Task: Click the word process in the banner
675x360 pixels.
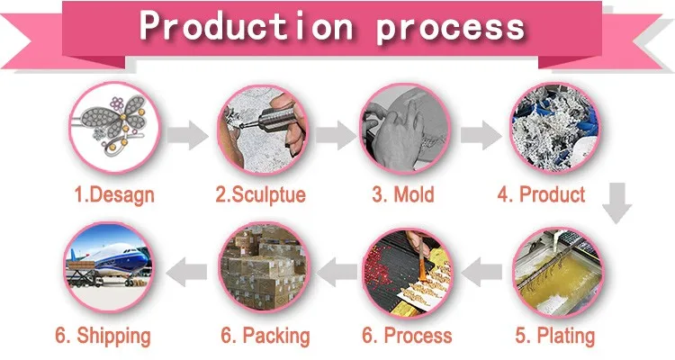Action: [450, 28]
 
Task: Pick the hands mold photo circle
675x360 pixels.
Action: [404, 131]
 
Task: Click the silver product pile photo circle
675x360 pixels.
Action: [552, 131]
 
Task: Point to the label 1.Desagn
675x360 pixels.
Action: [114, 194]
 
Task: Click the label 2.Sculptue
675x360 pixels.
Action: [260, 194]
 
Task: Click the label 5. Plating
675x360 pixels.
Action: [555, 337]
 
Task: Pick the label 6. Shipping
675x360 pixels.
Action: [103, 337]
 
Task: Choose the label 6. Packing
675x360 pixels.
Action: [265, 337]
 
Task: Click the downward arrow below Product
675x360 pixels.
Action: [616, 202]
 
